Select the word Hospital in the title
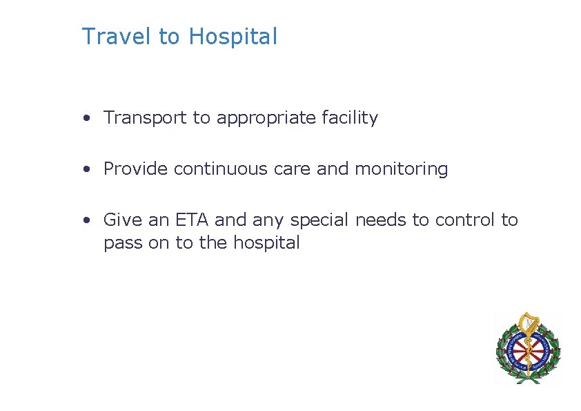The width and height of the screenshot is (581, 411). (x=233, y=37)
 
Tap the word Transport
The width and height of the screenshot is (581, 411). (x=146, y=118)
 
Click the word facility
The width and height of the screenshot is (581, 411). (x=350, y=119)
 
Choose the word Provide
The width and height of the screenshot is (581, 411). (x=136, y=169)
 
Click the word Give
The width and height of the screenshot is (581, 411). (x=121, y=220)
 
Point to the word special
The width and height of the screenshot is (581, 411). (x=320, y=221)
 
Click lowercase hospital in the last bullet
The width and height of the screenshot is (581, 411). (x=266, y=244)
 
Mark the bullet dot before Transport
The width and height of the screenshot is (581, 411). (x=86, y=119)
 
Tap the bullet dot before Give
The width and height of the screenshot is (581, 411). (x=86, y=221)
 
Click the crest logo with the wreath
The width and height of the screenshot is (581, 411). (x=528, y=347)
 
